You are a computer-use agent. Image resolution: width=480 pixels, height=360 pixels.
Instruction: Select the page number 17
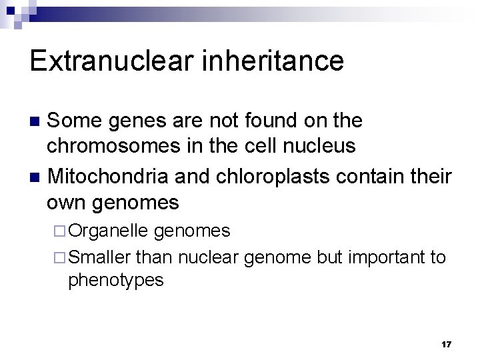point(446,345)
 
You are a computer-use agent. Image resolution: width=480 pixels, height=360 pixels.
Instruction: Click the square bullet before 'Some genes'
point(37,121)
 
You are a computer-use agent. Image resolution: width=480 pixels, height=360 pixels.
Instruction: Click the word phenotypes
point(115,281)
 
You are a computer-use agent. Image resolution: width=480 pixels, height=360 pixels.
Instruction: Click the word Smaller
point(100,257)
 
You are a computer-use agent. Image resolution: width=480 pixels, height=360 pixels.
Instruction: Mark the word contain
point(381,177)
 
